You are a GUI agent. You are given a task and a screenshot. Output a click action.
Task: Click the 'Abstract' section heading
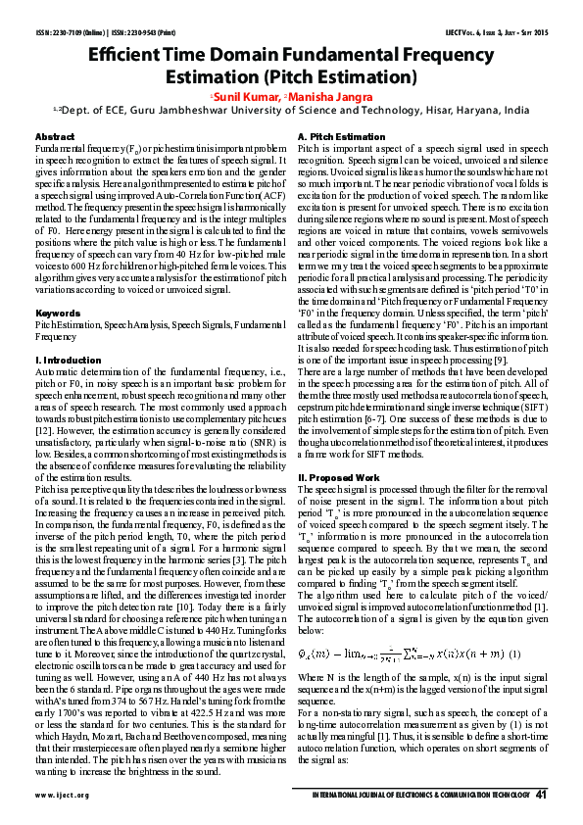coord(55,135)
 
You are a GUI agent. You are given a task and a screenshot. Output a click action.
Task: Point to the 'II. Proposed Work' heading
coord(339,477)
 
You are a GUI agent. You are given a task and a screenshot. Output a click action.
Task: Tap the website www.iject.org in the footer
coord(63,796)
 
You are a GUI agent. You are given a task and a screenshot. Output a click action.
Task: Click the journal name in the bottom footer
coord(419,796)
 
